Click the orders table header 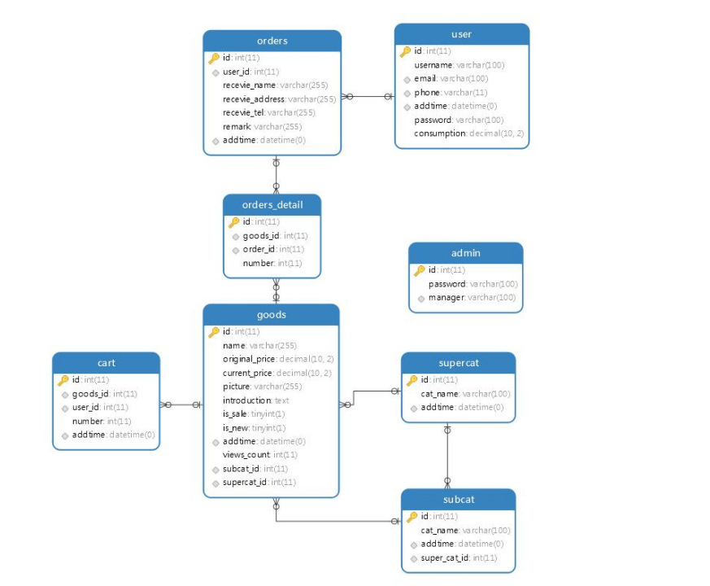coord(272,41)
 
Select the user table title coord(461,34)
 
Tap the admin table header coord(465,252)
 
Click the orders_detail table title coord(272,204)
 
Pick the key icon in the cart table coord(63,380)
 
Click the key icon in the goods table coord(214,331)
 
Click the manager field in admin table coord(446,298)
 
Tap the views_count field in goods coord(246,455)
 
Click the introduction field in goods coord(247,400)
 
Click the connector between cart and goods coord(181,405)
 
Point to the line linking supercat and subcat coord(446,455)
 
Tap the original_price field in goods coord(250,359)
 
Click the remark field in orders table coord(237,127)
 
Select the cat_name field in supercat coord(439,394)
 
